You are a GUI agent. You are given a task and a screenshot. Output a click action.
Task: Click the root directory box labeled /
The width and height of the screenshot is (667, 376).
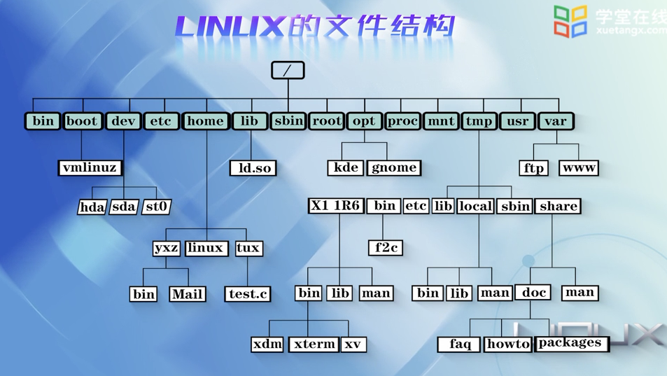pos(288,71)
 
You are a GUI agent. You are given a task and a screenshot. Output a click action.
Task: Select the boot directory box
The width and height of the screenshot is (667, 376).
pos(82,121)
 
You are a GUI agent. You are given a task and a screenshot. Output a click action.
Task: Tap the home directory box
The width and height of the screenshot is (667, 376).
pos(205,121)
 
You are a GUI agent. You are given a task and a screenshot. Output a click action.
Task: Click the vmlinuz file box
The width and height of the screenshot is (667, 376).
pos(90,168)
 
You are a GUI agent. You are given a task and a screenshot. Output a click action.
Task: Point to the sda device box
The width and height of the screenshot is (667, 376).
pos(124,207)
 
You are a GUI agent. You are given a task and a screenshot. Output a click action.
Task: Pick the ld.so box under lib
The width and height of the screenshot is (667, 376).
pos(253,168)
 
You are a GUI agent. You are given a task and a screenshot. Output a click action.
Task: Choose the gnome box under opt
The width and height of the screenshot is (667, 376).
pos(394,168)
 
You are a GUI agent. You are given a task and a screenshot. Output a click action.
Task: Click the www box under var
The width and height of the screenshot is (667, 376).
pos(579,168)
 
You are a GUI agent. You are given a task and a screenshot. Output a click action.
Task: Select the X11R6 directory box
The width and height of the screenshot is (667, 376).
pos(336,206)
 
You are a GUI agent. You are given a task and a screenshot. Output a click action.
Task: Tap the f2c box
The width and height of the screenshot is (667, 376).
pos(386,248)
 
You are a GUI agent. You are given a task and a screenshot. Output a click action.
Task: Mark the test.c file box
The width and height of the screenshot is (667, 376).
pos(248,294)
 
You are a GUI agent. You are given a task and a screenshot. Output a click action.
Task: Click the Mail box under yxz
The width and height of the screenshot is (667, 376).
pos(188,294)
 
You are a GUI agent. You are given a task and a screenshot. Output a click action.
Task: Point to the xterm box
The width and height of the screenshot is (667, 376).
pos(314,344)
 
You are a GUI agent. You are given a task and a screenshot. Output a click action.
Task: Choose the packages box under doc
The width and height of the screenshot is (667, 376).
pos(570,343)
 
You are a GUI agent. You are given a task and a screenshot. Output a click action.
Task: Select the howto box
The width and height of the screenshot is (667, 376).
pos(507,344)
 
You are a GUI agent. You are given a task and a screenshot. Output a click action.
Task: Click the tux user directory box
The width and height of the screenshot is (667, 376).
pos(248,248)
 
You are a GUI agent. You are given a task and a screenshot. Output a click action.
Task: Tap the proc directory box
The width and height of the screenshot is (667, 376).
pos(402,121)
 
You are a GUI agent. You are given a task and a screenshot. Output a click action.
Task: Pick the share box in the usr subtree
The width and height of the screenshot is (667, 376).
pos(559,206)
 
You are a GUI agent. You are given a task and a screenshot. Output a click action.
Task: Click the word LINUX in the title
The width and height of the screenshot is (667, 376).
pos(230,27)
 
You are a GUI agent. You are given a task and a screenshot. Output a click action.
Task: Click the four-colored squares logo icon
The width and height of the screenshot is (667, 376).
pos(570,21)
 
